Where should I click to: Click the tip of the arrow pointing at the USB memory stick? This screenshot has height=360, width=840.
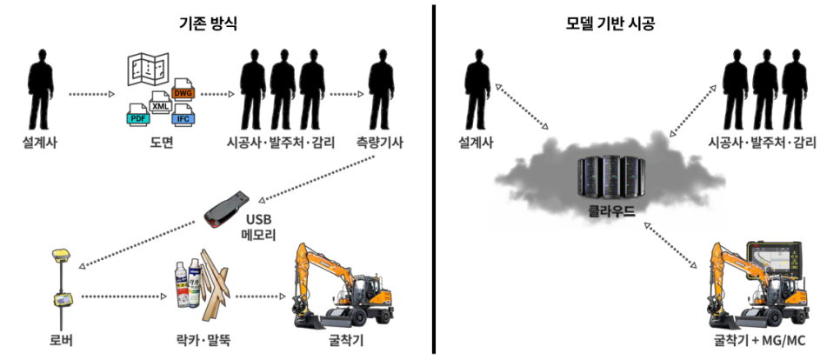click(x=258, y=202)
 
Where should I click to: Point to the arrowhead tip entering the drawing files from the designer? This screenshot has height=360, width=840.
click(x=115, y=94)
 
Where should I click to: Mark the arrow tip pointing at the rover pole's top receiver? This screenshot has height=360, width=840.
click(x=79, y=266)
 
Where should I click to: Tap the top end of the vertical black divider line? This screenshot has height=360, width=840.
click(x=433, y=5)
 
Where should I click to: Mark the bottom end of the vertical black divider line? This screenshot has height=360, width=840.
click(x=433, y=354)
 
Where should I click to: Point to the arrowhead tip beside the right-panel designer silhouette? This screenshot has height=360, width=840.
click(x=496, y=84)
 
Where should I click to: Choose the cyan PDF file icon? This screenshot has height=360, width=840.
click(x=137, y=117)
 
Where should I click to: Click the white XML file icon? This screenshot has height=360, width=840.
click(x=160, y=105)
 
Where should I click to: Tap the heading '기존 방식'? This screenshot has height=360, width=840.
click(x=208, y=23)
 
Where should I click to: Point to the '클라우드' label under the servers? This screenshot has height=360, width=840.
click(x=610, y=212)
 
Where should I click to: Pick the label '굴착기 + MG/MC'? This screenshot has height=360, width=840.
click(x=760, y=341)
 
